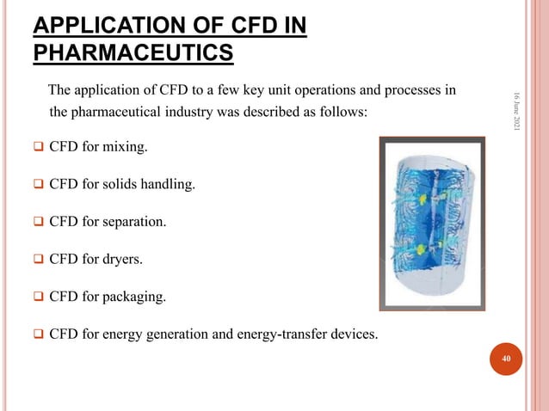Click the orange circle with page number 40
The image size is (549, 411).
coord(506,359)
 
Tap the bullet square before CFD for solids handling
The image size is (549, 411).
coord(39,185)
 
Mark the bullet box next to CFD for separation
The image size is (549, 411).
coord(39,223)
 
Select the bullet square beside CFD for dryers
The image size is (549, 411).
coord(39,260)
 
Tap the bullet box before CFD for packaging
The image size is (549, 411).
coord(39,298)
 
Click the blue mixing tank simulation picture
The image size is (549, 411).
coord(433,224)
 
